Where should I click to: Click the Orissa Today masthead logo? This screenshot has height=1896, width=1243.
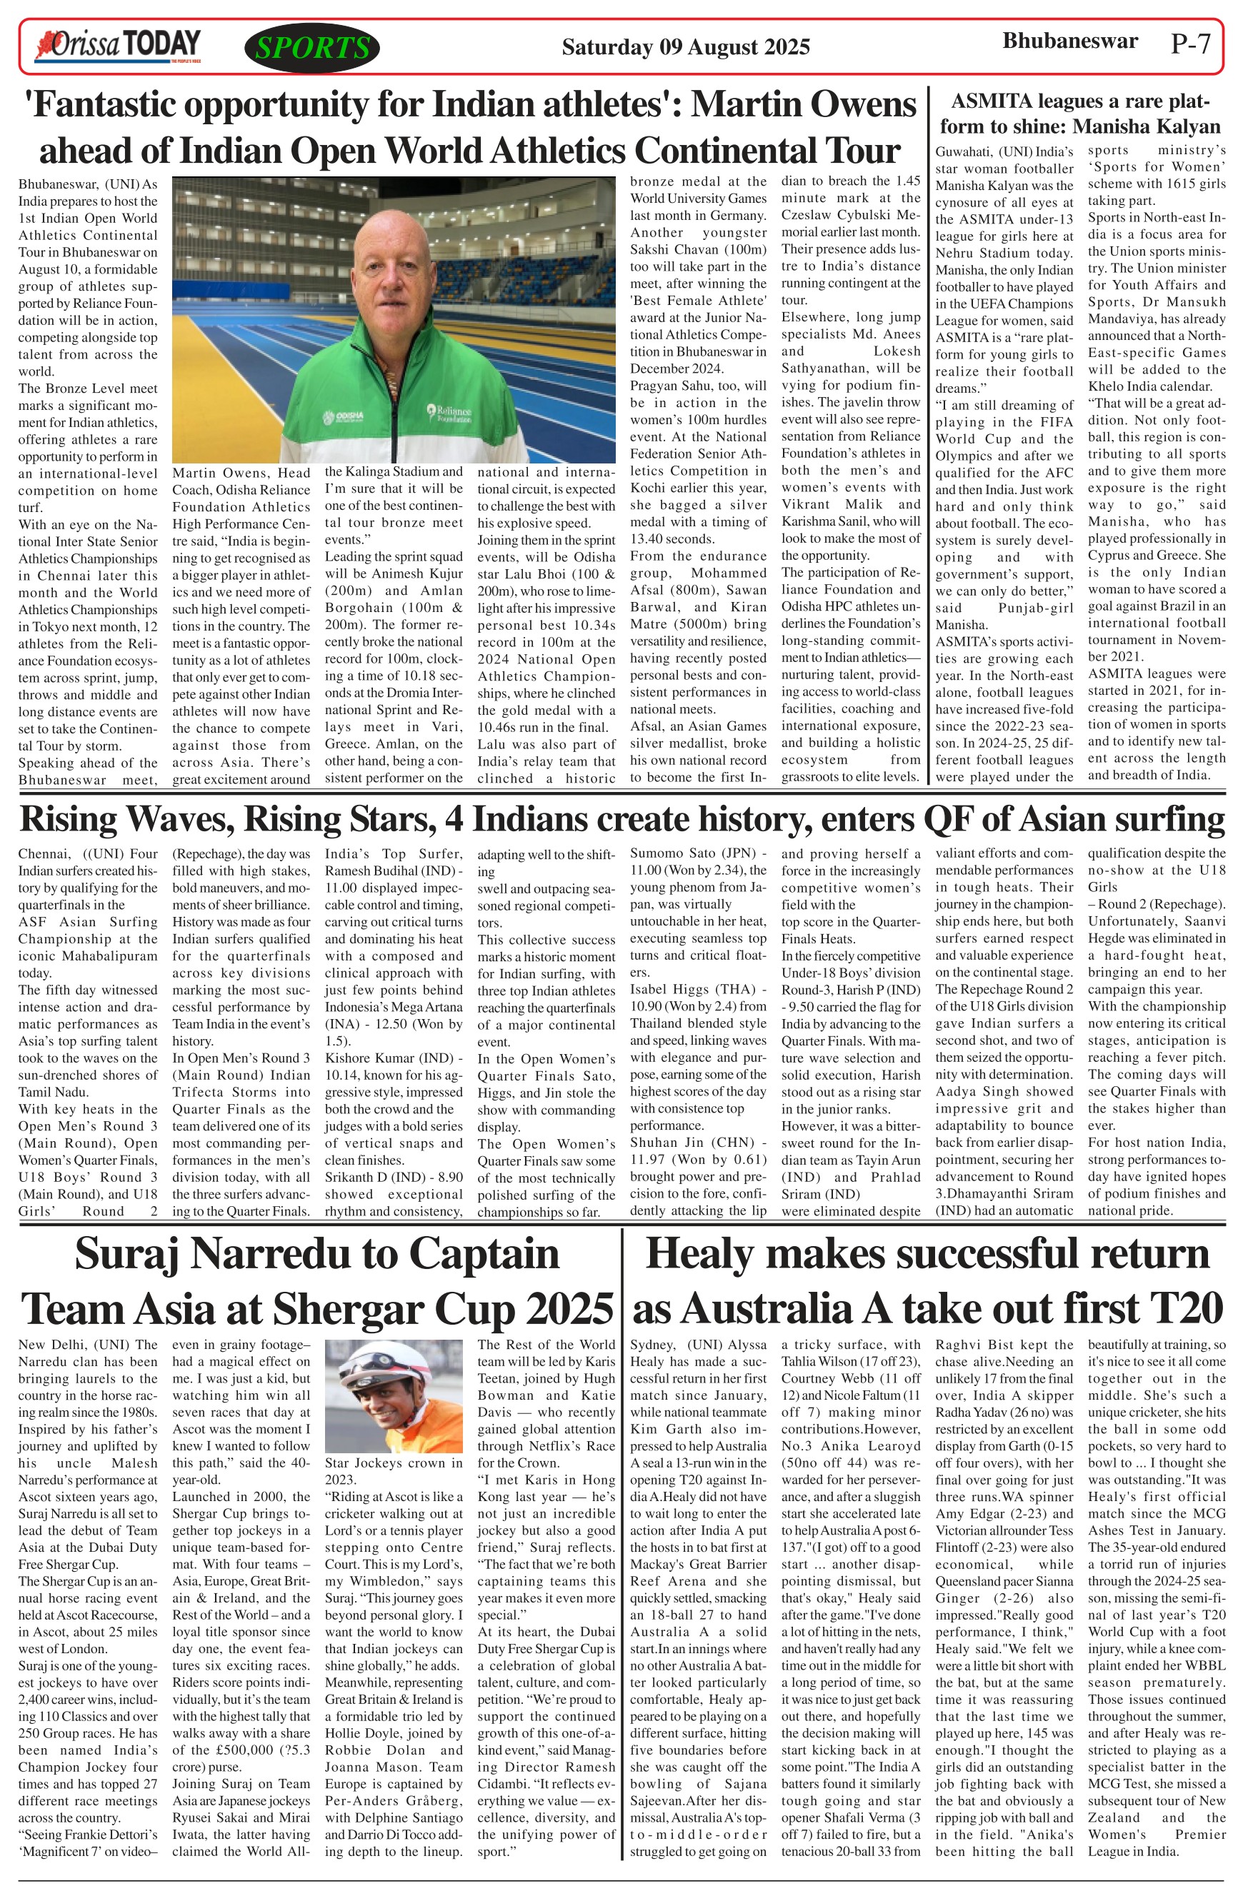click(116, 46)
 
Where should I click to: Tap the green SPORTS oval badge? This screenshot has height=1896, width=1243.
click(312, 48)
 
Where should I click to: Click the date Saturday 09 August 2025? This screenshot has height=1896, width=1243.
click(685, 47)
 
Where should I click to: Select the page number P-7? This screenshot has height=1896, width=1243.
click(1190, 44)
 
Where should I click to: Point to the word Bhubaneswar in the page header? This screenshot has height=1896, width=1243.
click(1069, 41)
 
